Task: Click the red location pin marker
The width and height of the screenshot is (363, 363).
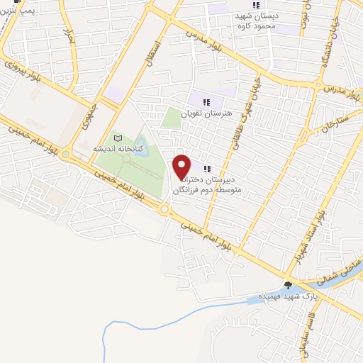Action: click(x=182, y=167)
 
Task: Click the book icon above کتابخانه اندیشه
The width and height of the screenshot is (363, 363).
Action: click(x=118, y=138)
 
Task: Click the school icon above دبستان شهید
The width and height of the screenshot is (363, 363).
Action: click(x=256, y=5)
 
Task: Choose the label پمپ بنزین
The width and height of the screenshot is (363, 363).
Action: click(x=16, y=10)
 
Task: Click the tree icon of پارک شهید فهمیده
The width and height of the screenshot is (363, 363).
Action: click(x=287, y=285)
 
